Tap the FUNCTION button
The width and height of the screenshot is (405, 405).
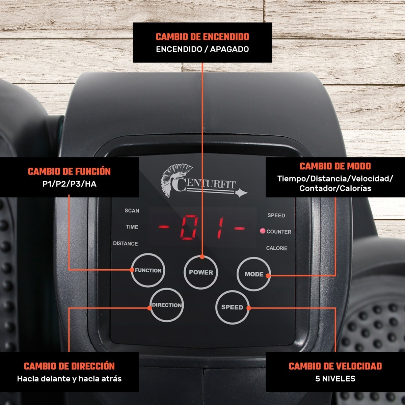click(x=148, y=270)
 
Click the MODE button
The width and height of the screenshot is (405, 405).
click(x=254, y=274)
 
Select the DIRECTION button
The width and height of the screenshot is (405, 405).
click(x=167, y=305)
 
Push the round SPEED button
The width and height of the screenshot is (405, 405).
click(x=232, y=307)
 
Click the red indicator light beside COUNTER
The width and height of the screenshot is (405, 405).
click(x=263, y=231)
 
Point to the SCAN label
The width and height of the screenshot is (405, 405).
click(x=132, y=211)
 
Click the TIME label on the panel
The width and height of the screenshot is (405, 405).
click(x=132, y=227)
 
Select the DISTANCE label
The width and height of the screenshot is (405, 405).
click(x=126, y=244)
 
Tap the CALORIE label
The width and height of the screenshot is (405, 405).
click(x=277, y=248)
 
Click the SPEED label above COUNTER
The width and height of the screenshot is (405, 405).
click(x=276, y=215)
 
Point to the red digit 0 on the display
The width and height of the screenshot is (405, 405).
click(x=189, y=227)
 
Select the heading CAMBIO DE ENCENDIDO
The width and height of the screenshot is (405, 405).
click(x=202, y=37)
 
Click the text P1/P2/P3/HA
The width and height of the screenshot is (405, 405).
click(x=70, y=184)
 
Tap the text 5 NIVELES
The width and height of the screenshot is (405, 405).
click(x=335, y=379)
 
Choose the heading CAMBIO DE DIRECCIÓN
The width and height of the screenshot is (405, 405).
click(x=70, y=366)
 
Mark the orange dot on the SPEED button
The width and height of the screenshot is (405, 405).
click(x=249, y=308)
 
